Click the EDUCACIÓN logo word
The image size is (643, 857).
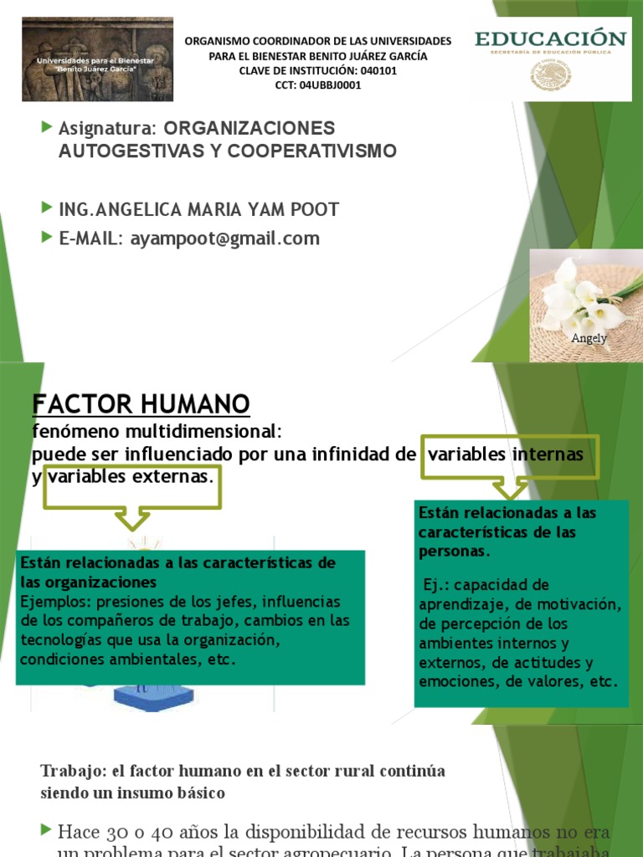coord(550,38)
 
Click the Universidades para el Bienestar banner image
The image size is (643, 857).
coord(97,59)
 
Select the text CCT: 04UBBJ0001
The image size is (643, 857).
coord(317,85)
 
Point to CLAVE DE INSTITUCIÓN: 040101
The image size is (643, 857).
coord(317,70)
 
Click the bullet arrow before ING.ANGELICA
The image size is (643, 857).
coord(46,208)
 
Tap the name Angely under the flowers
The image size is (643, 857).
coord(589,338)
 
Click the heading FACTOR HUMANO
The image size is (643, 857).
coord(141,405)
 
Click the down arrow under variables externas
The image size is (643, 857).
coord(131,518)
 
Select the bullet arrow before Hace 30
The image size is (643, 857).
coord(46,829)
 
